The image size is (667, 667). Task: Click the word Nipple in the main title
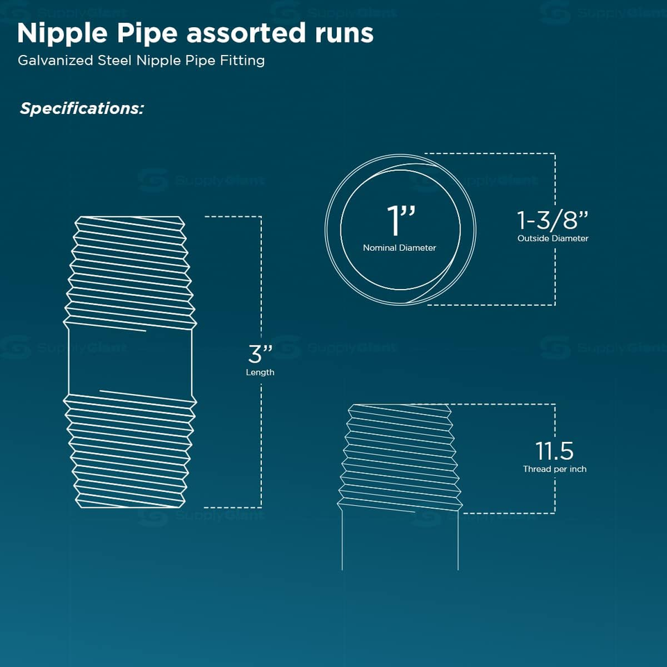62,33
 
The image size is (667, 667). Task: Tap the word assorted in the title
246,33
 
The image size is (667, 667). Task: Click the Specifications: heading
82,108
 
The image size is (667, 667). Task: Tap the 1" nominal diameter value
400,220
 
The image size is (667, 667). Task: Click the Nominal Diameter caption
400,247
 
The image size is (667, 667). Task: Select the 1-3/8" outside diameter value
552,220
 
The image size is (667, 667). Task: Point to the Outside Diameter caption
553,238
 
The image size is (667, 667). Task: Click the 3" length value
260,354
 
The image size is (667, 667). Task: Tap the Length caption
260,372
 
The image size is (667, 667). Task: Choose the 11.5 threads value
554,451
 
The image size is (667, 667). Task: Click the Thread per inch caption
554,469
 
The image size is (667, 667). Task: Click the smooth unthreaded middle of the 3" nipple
130,363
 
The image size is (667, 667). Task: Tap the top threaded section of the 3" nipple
130,272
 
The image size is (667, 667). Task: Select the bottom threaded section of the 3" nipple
130,452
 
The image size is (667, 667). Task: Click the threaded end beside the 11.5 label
400,458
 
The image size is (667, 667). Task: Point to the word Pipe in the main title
147,33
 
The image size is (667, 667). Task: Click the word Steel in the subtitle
115,60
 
